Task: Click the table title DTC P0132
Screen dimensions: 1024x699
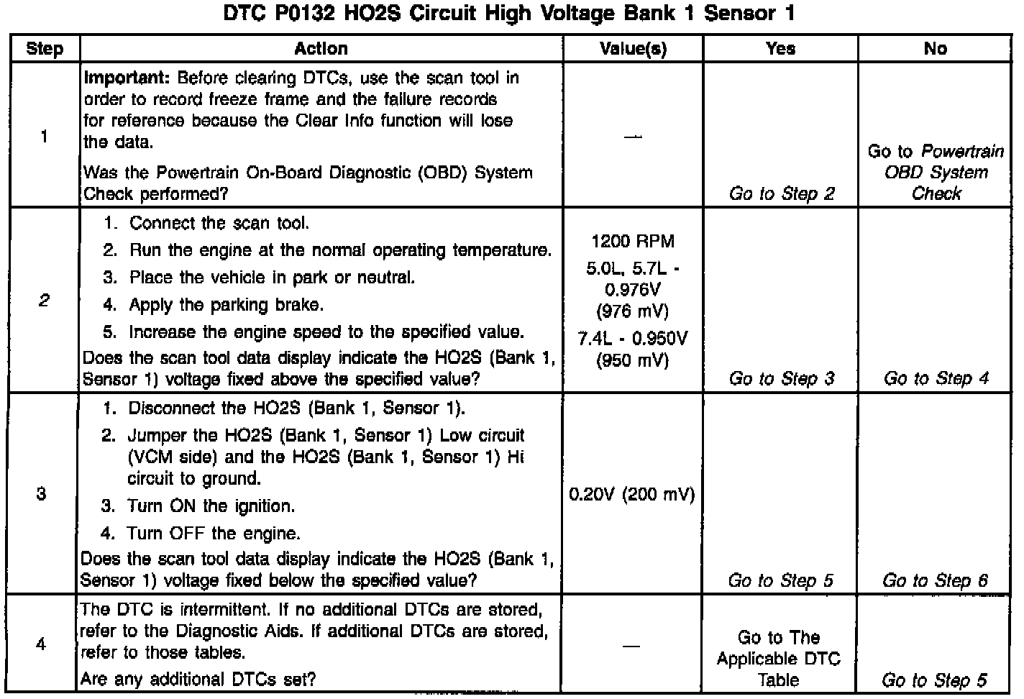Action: (509, 14)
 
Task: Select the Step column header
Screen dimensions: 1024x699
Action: (45, 49)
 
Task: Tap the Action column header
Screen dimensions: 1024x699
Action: (321, 49)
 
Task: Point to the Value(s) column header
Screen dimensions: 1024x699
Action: (633, 49)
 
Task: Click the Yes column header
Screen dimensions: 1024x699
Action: (780, 49)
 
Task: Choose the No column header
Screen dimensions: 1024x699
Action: (935, 49)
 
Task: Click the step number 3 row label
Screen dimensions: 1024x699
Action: (42, 494)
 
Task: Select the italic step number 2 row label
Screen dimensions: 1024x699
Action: (43, 301)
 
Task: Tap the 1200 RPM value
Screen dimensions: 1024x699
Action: (633, 242)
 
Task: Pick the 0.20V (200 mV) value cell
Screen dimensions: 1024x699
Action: (632, 495)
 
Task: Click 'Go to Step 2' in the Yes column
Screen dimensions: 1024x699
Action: (782, 193)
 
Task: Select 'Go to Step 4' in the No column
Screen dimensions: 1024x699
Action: (936, 378)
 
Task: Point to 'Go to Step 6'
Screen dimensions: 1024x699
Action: (935, 580)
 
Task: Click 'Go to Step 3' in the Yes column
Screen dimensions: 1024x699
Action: (782, 378)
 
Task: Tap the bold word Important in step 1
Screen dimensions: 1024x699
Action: (127, 78)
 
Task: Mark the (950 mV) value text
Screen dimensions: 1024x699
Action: (633, 360)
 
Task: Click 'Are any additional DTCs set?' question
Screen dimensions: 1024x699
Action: (198, 679)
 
